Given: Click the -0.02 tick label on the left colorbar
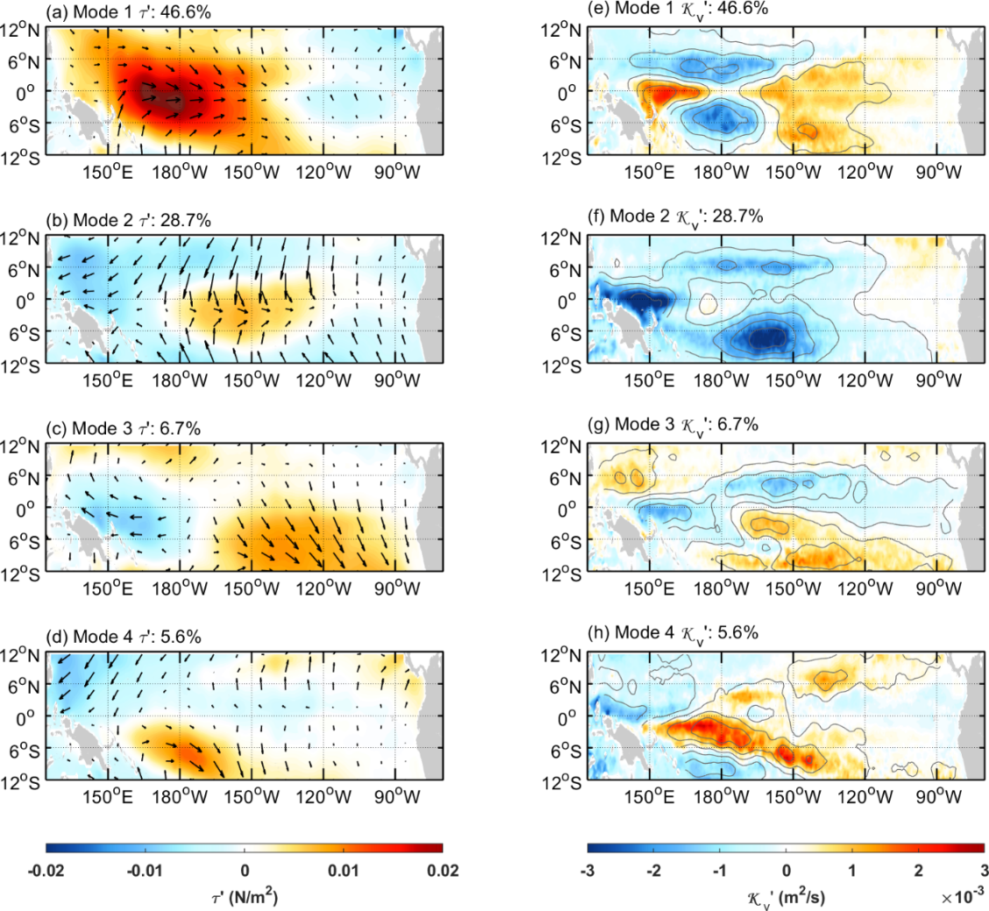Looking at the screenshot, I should pyautogui.click(x=46, y=870).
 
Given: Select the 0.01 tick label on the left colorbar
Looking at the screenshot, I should pyautogui.click(x=345, y=870).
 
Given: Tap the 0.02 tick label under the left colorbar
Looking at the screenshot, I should pyautogui.click(x=444, y=870).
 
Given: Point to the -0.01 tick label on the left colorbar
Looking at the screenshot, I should pyautogui.click(x=145, y=870).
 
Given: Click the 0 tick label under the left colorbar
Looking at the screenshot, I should pyautogui.click(x=245, y=870).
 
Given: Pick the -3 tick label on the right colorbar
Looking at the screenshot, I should pyautogui.click(x=587, y=870).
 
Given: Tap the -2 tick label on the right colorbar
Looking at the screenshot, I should pyautogui.click(x=653, y=870).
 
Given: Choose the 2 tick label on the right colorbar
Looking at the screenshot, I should pyautogui.click(x=918, y=870).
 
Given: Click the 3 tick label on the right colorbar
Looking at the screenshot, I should pyautogui.click(x=984, y=870).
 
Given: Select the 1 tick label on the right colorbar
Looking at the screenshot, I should pyautogui.click(x=852, y=870).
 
